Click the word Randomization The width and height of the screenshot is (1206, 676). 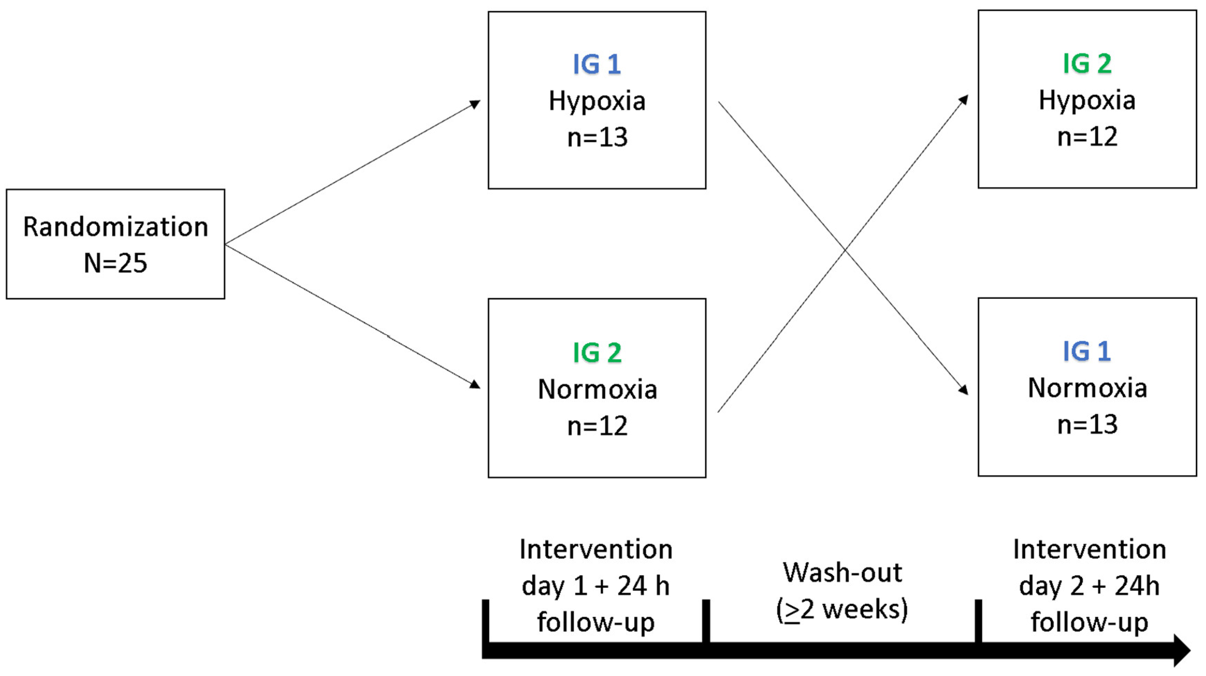116,227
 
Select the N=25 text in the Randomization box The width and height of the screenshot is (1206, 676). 116,263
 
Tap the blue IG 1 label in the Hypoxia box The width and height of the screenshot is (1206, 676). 597,64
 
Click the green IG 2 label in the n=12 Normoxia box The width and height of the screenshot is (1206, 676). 597,353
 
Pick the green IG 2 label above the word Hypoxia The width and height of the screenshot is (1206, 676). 1087,64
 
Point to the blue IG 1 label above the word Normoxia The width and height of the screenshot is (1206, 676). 1087,352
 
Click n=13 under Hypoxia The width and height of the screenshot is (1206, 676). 597,138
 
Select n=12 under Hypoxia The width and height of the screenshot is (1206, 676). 1087,137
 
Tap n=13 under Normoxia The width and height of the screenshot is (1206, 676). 1087,425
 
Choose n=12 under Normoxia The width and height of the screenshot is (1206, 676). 597,426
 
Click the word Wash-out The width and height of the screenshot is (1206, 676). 842,573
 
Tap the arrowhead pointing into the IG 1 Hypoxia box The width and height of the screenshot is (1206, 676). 475,104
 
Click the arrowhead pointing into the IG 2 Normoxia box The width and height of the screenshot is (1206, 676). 475,385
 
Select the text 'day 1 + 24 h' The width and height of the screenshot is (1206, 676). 596,586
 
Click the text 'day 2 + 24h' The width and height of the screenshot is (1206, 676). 1089,586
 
